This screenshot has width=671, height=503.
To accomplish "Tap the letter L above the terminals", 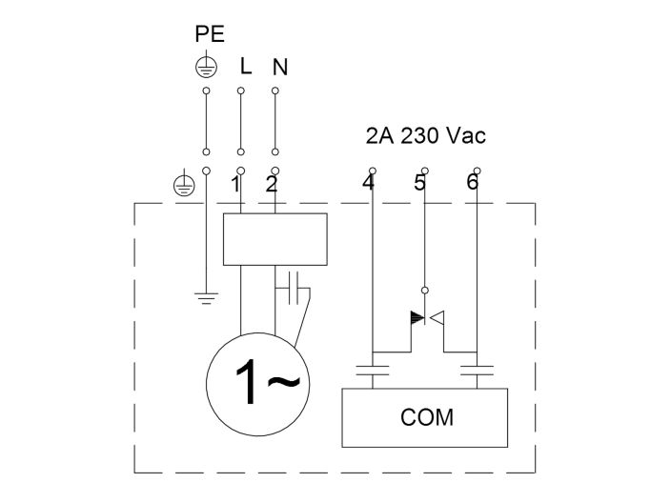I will pos(245,68).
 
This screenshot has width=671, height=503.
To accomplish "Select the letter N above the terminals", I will pos(279,68).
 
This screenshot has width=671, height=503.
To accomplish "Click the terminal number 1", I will pos(234,185).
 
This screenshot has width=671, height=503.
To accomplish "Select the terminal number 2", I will pos(271,185).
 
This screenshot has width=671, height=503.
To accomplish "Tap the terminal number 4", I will pos(368,183).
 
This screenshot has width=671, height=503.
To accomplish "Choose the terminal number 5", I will pos(419,183).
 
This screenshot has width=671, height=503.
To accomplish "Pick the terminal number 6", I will pos(472,183).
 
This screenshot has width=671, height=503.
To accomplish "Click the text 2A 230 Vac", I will pos(425,135).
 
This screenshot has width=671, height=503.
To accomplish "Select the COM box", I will pos(424,416).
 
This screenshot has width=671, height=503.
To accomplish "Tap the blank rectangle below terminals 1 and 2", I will pos(274,239).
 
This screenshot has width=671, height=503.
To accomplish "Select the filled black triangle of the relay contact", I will pos(416,317).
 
